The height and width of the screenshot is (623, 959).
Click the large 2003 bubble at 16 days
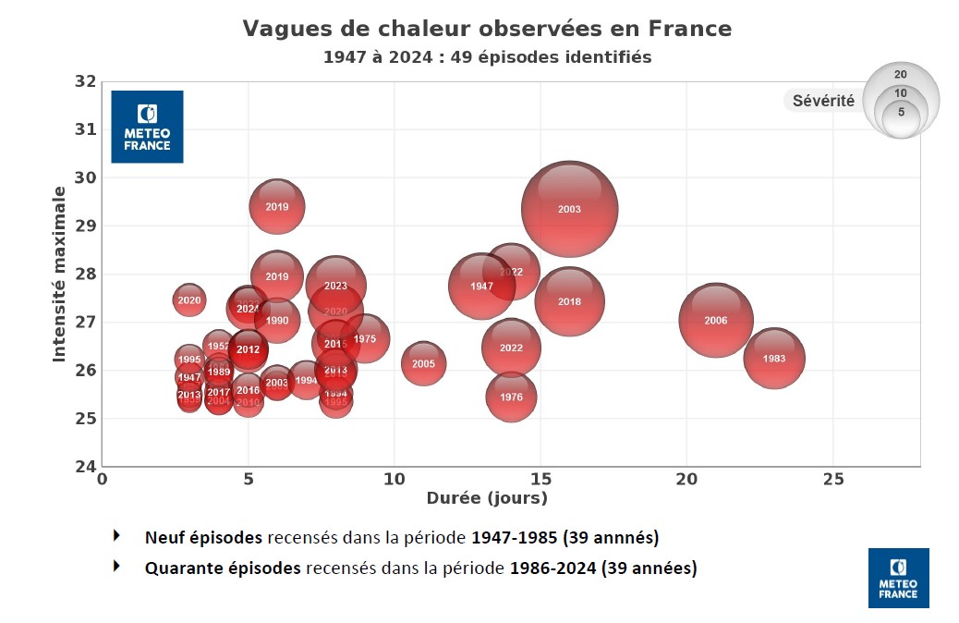click(569, 209)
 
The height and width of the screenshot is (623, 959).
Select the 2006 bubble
click(715, 320)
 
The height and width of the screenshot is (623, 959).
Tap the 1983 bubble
click(774, 358)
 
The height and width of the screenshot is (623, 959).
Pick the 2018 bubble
click(569, 301)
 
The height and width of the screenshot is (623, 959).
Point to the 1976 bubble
click(511, 397)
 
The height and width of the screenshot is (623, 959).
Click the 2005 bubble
click(423, 363)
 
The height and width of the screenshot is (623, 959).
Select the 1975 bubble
click(365, 339)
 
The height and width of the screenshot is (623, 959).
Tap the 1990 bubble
click(276, 321)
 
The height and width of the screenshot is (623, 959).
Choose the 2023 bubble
click(335, 286)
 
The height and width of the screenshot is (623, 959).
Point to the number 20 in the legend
click(901, 74)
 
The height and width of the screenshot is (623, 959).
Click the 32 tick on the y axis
click(85, 81)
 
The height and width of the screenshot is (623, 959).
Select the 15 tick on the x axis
click(540, 479)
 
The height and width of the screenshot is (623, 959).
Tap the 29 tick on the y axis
click(85, 226)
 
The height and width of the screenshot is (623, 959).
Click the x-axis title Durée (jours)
click(487, 498)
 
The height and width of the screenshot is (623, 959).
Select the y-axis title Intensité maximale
click(59, 274)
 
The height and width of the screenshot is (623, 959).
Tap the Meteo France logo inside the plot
click(147, 127)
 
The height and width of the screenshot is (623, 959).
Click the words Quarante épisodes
click(223, 568)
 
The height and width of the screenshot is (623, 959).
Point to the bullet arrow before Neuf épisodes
click(116, 535)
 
